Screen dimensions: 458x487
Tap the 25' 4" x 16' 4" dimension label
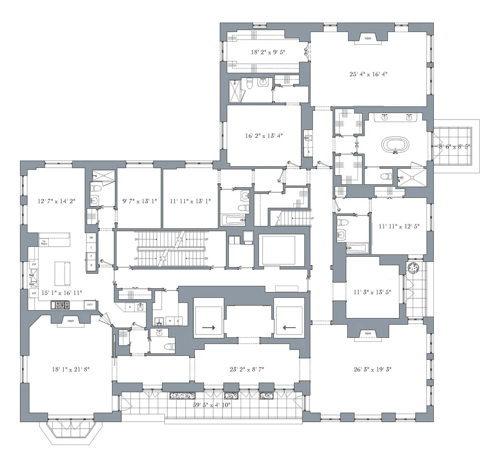(368, 74)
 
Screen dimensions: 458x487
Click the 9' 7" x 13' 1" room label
(139, 201)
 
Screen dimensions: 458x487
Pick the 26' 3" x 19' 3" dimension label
(372, 369)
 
